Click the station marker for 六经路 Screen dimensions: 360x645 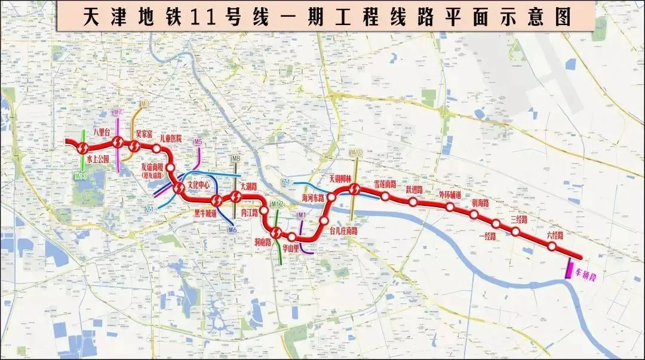coord(552,247)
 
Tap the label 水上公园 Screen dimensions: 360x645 coord(97,160)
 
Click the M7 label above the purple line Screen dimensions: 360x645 coord(118,112)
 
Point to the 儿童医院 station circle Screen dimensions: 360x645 coord(156,149)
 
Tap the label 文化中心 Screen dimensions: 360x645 coord(199,185)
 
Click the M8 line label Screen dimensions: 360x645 coord(236,159)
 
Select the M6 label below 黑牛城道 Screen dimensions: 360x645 coord(232,230)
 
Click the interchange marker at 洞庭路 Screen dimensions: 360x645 coord(275,232)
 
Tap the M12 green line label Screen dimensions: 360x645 coord(277,205)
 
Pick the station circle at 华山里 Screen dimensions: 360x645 coord(291,237)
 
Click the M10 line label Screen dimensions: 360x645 coord(356,153)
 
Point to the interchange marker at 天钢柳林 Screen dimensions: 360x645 coord(355,190)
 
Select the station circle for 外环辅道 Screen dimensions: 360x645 coord(450,207)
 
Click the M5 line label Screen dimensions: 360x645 coord(198,142)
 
